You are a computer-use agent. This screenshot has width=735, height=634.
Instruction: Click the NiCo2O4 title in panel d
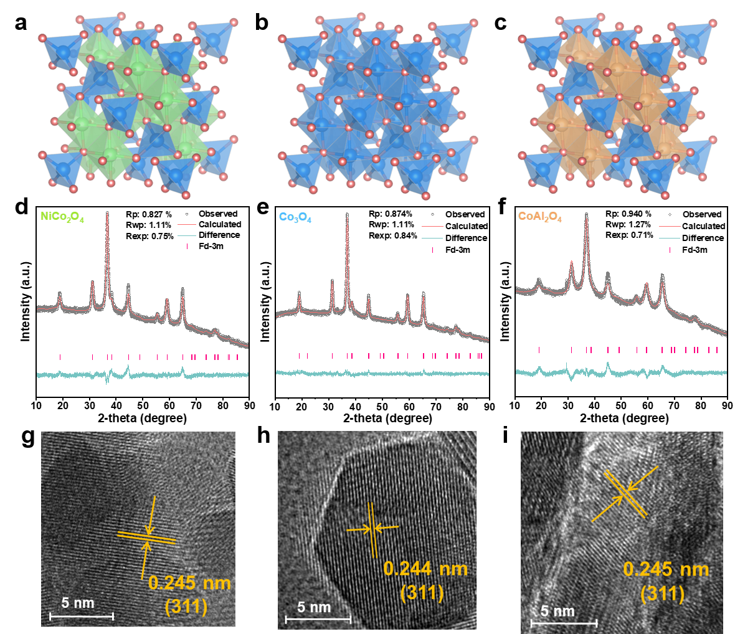[x=62, y=217]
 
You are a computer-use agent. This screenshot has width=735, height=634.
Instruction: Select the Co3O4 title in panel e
[x=295, y=217]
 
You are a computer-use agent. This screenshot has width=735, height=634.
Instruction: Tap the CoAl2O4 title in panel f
[x=539, y=217]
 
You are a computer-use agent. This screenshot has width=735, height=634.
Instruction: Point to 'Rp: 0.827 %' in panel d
[x=149, y=215]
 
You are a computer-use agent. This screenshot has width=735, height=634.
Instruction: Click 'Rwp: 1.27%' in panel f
[x=628, y=225]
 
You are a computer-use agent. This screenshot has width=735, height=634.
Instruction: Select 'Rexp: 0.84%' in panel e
[x=393, y=235]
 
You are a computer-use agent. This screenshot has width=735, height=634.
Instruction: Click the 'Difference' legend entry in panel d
[x=219, y=235]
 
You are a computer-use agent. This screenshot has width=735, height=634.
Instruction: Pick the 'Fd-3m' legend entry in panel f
[x=695, y=250]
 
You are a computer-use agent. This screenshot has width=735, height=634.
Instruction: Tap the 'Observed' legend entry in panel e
[x=465, y=215]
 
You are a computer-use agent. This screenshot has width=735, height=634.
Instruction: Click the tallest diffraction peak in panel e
[x=347, y=214]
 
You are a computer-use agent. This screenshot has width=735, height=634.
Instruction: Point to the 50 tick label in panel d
[x=143, y=406]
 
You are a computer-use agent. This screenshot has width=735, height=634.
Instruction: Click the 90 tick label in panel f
[x=727, y=406]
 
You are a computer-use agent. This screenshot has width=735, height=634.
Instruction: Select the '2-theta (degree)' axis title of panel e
[x=387, y=418]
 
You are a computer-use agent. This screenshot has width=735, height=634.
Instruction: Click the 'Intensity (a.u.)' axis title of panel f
[x=505, y=301]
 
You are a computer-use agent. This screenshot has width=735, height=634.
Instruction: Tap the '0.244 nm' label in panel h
[x=425, y=569]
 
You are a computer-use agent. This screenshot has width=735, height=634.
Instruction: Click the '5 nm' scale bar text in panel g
[x=78, y=603]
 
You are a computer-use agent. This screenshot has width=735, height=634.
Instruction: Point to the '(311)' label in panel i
[x=663, y=594]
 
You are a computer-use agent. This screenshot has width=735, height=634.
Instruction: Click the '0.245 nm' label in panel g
[x=190, y=584]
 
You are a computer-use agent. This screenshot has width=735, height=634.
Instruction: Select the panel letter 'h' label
[x=264, y=436]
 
